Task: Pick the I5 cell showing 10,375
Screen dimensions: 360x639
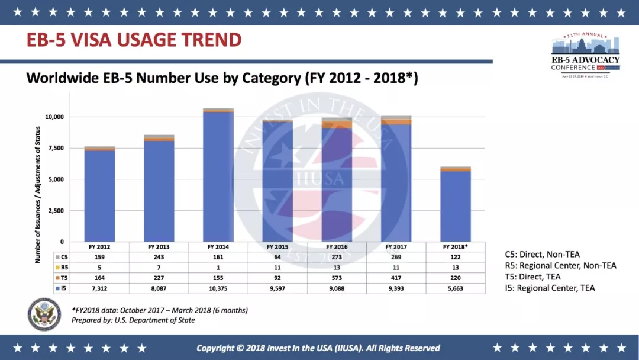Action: [218, 288]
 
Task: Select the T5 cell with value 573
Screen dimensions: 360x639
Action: [337, 278]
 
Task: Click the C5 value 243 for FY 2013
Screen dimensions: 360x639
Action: [159, 257]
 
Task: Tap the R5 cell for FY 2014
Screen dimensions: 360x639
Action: [218, 268]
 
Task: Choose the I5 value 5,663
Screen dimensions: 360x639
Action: [456, 288]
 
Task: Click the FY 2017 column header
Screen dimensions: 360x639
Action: [396, 247]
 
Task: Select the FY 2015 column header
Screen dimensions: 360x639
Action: [277, 247]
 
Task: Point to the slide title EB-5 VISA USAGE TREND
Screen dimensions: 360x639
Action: [134, 40]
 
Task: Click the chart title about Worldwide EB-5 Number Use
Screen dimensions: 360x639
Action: [222, 78]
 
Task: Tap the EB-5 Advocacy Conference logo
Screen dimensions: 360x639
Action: [585, 56]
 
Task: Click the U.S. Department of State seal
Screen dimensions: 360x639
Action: [44, 314]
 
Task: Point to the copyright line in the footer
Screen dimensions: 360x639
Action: [318, 348]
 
